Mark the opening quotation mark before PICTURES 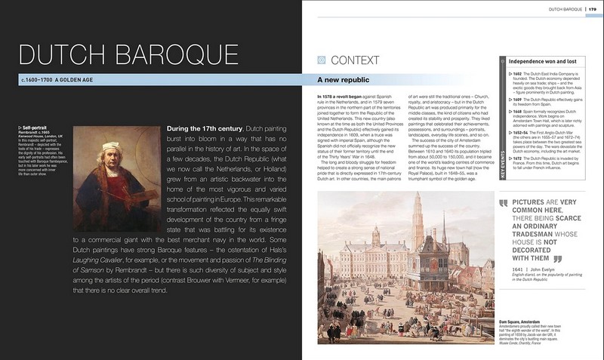[x=503, y=204]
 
